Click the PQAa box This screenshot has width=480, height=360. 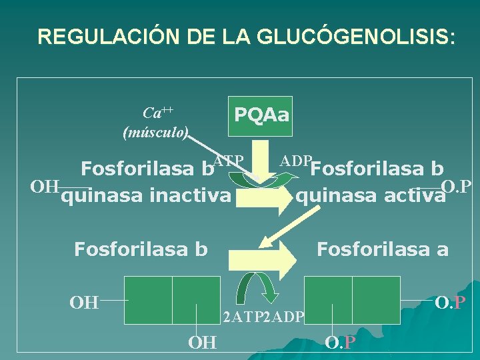pos(261,115)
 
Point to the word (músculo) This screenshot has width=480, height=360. pos(156,132)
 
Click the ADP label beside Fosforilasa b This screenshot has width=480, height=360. pos(295,161)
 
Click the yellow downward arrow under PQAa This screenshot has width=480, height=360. pos(268,157)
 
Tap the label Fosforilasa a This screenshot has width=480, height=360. pos(382,249)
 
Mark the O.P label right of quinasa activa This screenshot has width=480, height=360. pos(457,185)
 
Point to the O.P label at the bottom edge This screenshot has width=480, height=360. pos(339,343)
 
